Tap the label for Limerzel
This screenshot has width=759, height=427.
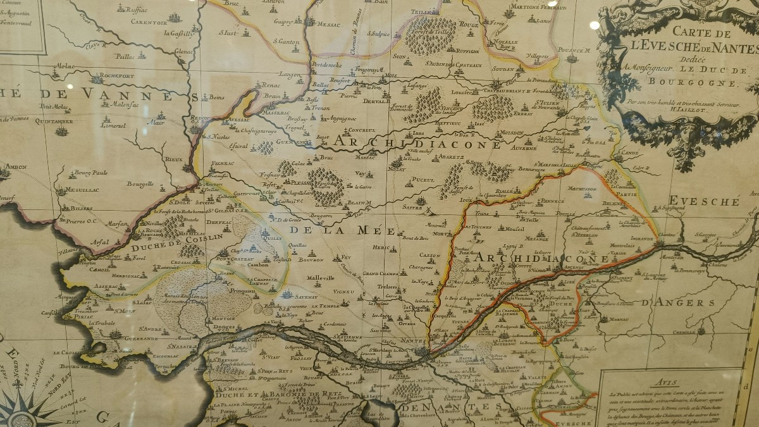point(96,125)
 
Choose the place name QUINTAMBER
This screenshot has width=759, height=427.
point(54,121)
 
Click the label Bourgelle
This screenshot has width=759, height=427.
point(140,184)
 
